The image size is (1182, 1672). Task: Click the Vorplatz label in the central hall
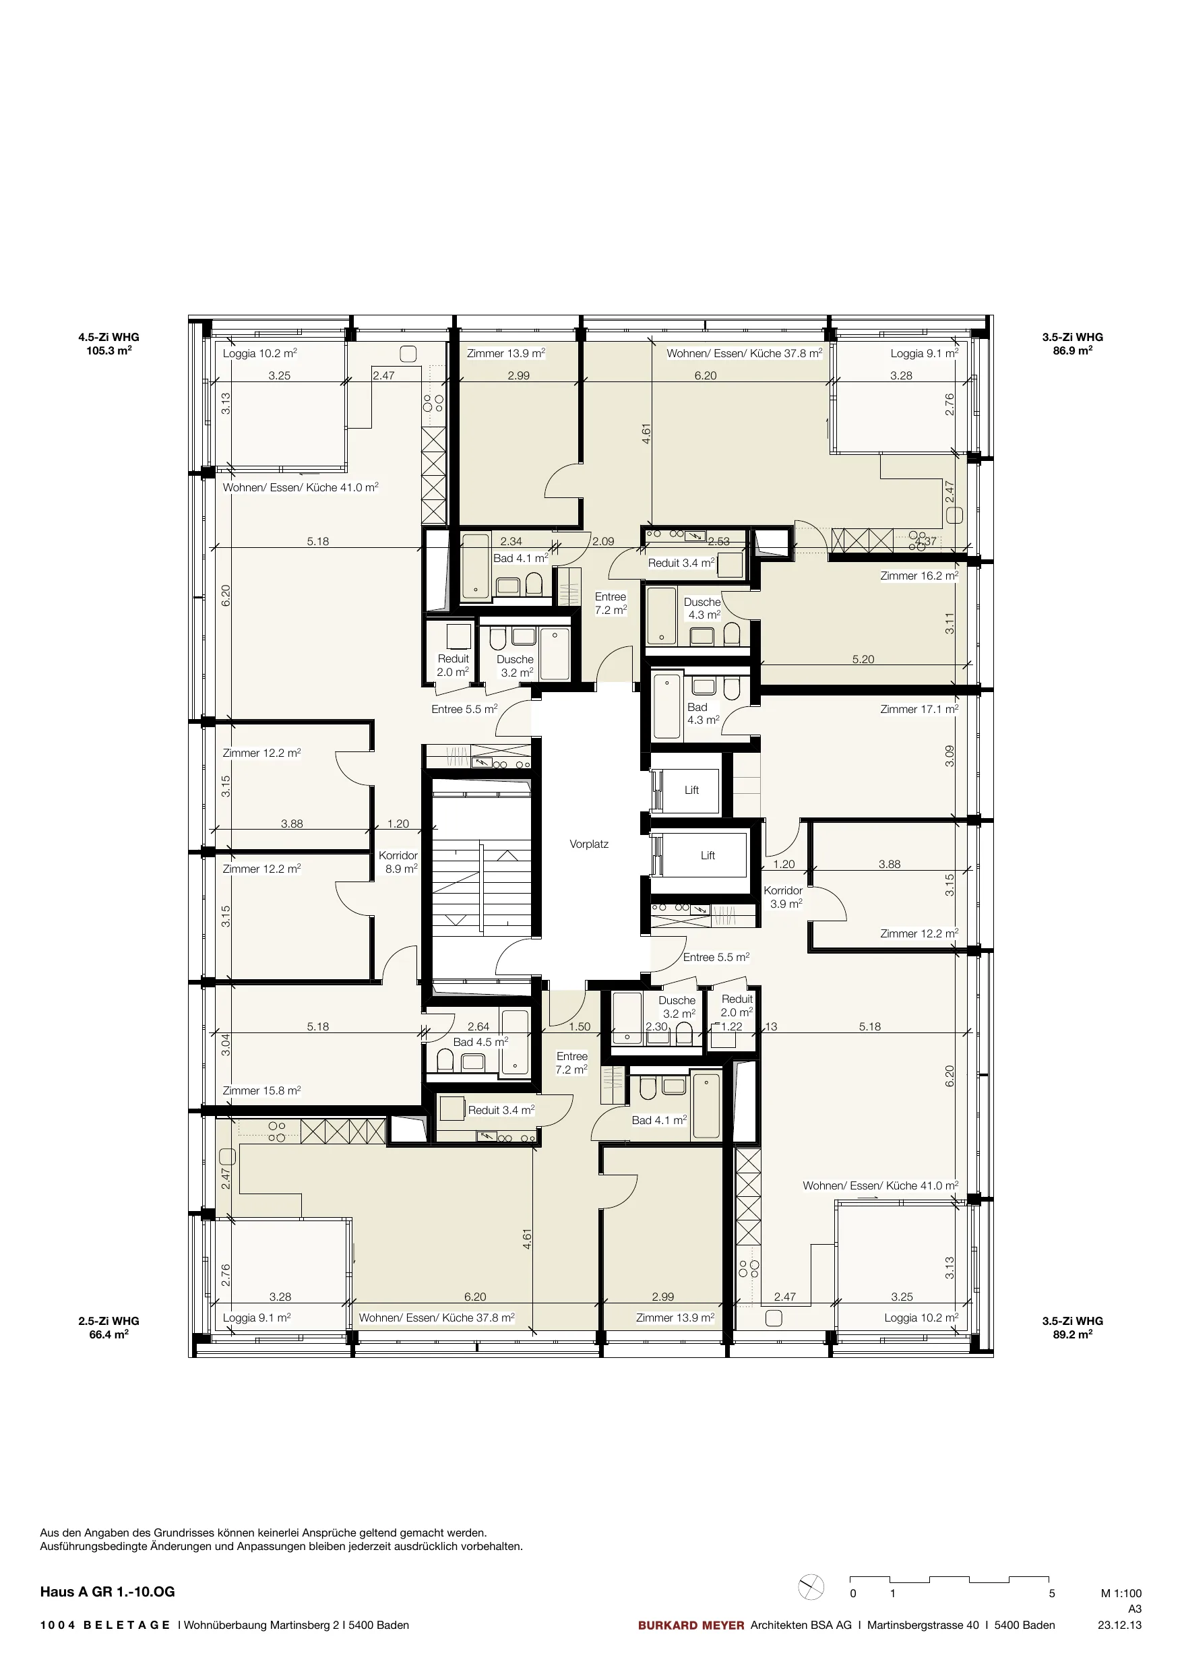point(588,844)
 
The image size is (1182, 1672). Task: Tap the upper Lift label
point(691,789)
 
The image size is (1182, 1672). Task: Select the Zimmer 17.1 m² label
point(919,708)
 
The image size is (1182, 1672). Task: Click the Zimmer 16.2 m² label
point(919,576)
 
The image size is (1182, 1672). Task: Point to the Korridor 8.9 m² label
point(398,862)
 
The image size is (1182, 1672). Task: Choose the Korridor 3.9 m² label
point(783,897)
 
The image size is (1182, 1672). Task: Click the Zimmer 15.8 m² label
point(261,1090)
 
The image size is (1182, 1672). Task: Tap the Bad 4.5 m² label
point(480,1042)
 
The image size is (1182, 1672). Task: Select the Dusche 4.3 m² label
point(703,608)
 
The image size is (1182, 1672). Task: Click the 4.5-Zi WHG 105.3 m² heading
point(108,344)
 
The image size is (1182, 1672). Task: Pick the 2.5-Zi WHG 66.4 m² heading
point(108,1328)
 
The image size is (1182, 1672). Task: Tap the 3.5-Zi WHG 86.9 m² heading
point(1073,344)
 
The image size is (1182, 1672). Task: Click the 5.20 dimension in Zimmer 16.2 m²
point(863,659)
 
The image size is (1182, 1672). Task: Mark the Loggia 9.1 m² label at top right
point(924,353)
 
